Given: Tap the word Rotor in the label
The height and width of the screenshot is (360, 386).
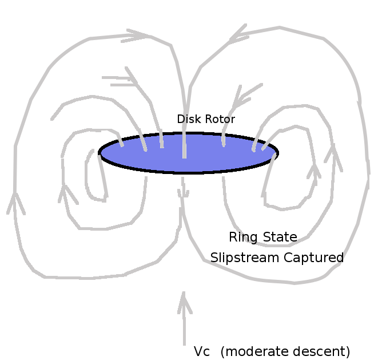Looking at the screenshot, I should click(221, 119).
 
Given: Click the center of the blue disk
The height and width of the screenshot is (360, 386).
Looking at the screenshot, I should click(189, 153).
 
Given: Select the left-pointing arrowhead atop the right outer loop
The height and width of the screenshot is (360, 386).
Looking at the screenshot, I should click(238, 34).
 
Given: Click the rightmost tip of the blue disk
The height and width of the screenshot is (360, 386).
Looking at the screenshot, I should click(277, 152).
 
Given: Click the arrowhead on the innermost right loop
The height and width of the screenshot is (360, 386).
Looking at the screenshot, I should click(313, 171).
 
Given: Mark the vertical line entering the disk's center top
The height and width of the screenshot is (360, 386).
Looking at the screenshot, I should click(184, 143).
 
